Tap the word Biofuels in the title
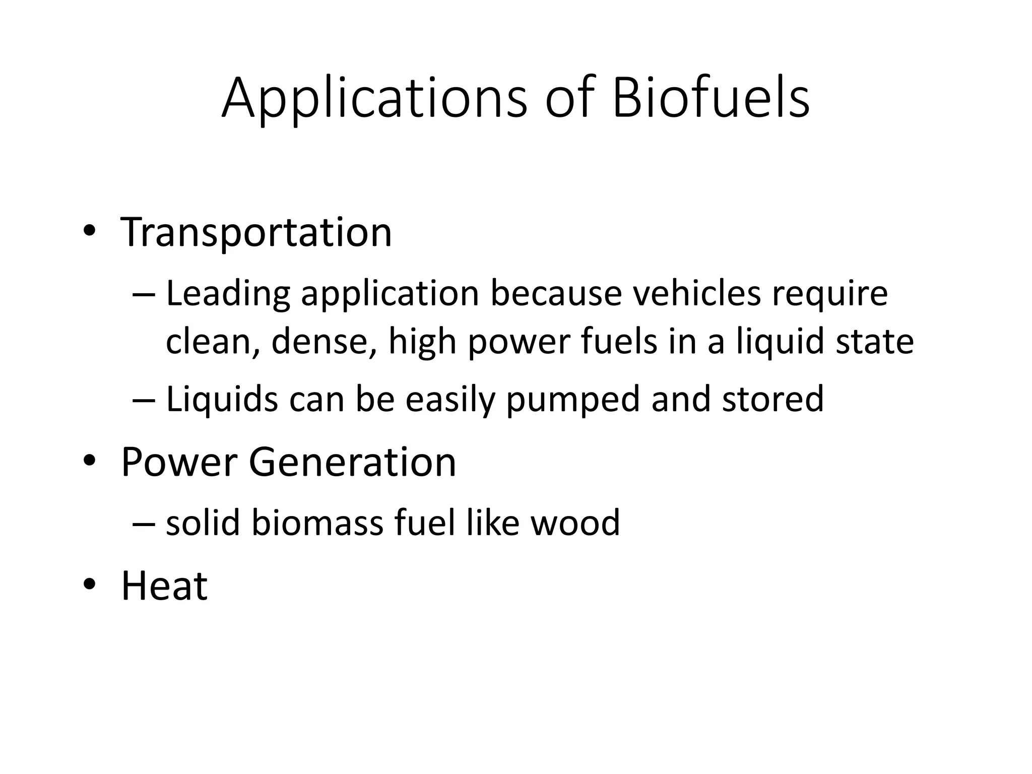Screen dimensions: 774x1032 pos(711,98)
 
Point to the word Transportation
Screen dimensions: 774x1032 pos(256,233)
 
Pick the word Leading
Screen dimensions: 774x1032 pos(228,294)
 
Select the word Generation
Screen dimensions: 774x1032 pos(352,462)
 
